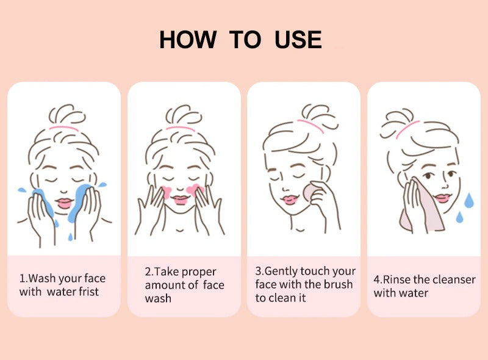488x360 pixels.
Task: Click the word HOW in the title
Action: pos(187,40)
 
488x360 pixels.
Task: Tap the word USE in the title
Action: pos(298,40)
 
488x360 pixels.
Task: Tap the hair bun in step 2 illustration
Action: pos(182,114)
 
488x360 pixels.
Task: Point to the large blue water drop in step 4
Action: pos(468,200)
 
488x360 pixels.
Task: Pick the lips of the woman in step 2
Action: pos(179,200)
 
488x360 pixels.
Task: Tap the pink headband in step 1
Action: pos(64,128)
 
